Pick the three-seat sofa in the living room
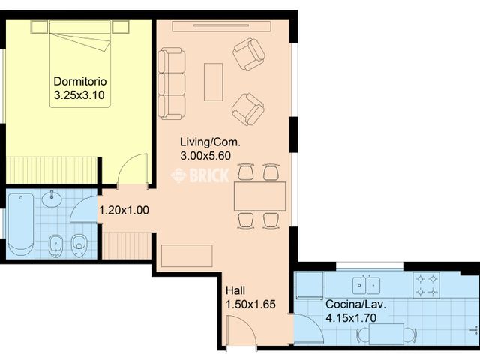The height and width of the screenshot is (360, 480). [x=172, y=82]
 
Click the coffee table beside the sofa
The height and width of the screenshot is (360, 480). [x=214, y=82]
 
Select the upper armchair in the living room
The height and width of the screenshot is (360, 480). [x=248, y=54]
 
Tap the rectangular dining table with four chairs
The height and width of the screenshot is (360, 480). [x=259, y=196]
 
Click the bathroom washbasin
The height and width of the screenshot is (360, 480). [x=52, y=200]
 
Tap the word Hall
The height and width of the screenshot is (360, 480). [x=235, y=290]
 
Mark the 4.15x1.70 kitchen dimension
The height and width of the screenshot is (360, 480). [x=351, y=318]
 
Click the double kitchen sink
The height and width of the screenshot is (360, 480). [x=367, y=284]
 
